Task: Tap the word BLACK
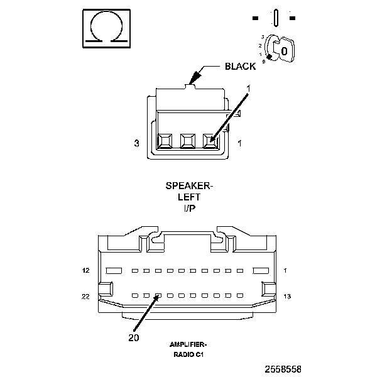240,66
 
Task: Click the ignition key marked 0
284,51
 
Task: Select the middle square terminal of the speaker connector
188,141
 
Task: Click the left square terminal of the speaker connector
165,141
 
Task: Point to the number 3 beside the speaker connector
136,143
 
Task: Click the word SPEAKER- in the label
189,186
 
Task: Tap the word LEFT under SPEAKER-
189,197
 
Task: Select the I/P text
189,208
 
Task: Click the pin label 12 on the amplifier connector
85,271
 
